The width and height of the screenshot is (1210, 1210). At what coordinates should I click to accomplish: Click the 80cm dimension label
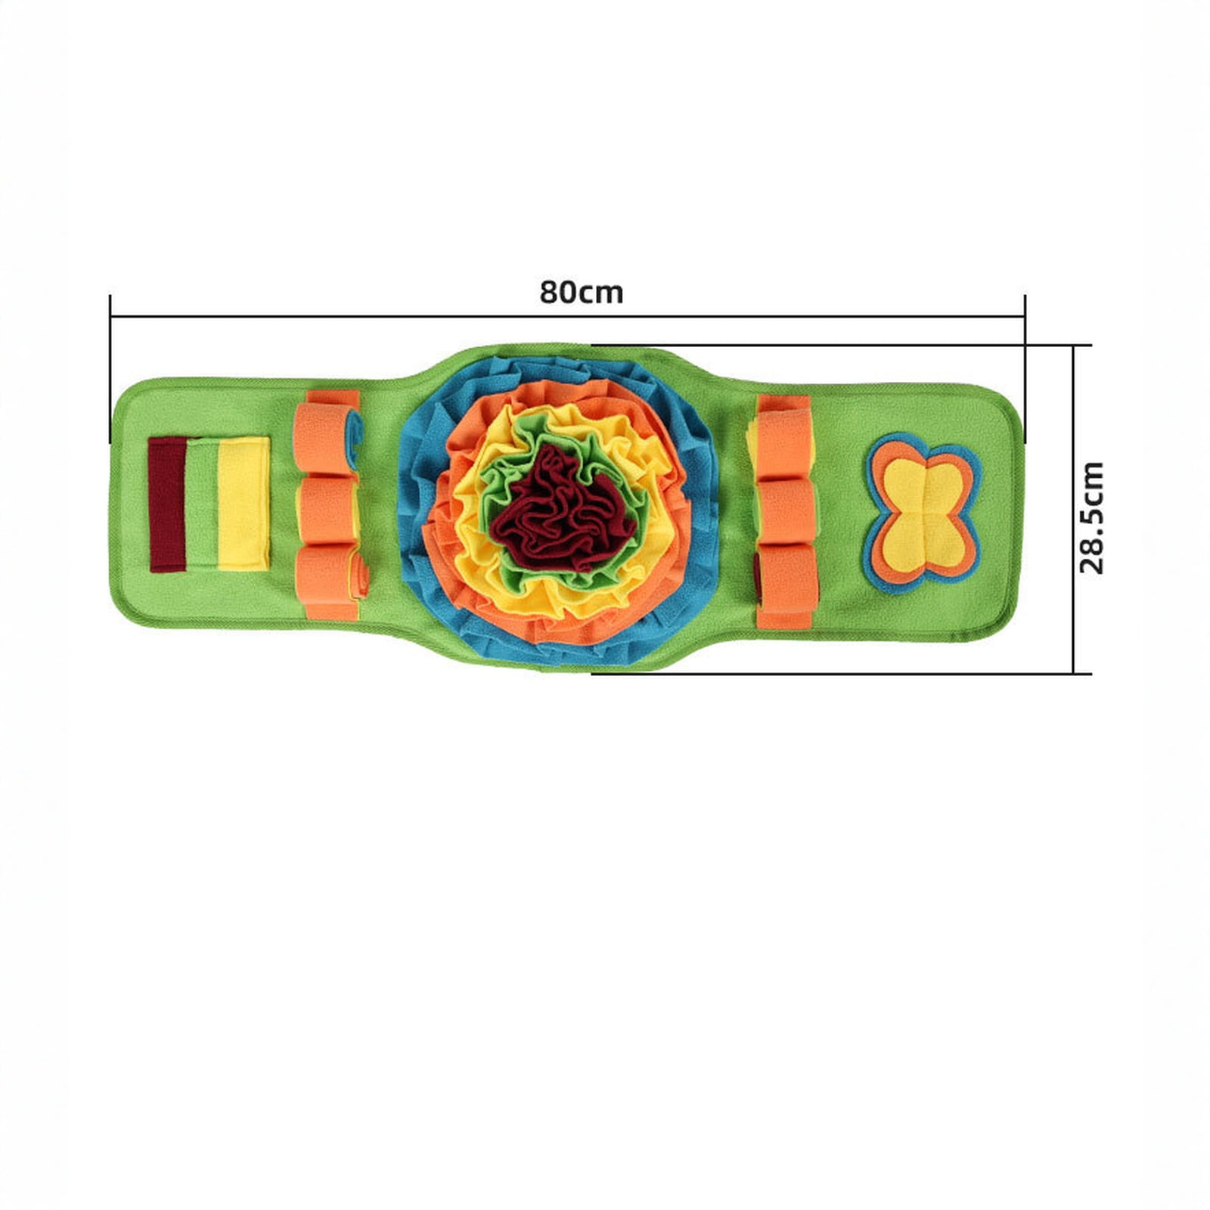581,292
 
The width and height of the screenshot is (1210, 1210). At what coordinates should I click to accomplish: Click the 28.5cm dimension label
1092,518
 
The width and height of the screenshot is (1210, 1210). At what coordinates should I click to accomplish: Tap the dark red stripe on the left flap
167,504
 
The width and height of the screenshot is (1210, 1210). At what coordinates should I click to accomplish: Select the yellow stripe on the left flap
244,503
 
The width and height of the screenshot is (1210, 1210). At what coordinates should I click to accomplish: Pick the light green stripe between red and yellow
202,503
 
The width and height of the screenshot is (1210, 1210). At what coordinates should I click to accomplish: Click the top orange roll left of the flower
327,437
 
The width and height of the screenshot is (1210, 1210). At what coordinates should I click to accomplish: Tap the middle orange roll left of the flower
327,508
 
